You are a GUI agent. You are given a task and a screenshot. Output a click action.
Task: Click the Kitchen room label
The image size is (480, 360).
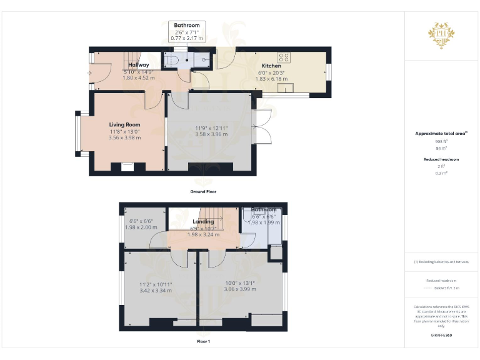[x=271, y=66]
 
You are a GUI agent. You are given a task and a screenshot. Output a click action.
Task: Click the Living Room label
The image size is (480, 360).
[x=125, y=124]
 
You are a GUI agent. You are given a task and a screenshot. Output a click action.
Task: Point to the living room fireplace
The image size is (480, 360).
[x=127, y=166]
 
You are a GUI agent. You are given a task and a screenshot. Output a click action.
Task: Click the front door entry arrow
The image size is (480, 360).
[x=90, y=72]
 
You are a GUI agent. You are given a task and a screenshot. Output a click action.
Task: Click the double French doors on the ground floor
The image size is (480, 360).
[x=261, y=126]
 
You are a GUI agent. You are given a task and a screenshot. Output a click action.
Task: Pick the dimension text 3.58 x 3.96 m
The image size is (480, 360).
[x=211, y=134]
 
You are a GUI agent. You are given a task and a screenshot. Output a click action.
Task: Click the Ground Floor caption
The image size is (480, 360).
[x=203, y=192]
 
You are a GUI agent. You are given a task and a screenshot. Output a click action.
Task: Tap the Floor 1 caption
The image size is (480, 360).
[x=203, y=341]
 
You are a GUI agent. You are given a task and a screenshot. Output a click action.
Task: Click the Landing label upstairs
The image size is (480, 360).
[x=203, y=221]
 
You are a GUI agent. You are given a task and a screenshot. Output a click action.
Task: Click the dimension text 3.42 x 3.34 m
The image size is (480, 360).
[x=155, y=291]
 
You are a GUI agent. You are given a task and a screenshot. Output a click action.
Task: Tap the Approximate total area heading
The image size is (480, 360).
[x=441, y=134]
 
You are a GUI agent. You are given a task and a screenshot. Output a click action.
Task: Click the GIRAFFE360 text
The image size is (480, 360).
[x=441, y=336]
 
